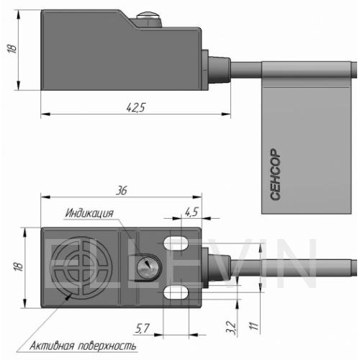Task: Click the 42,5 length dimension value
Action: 136,107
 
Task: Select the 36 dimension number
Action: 122,191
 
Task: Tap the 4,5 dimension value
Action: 192,212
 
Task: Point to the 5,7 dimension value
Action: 142,328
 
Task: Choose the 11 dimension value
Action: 254,325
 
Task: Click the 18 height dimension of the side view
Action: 12,49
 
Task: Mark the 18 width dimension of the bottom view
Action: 18,266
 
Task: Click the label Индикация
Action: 89,213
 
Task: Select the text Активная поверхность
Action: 83,346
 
